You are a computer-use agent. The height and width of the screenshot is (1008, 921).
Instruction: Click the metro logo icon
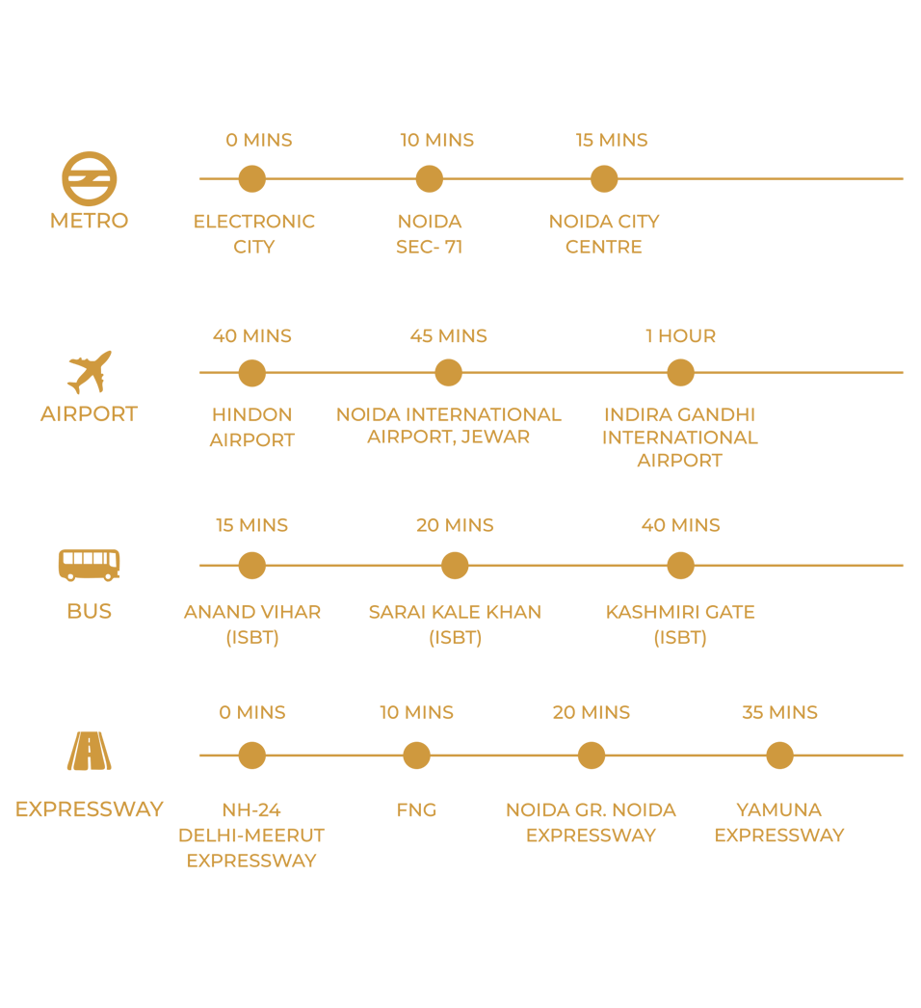tap(90, 179)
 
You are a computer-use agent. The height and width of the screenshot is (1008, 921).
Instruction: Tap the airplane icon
tap(90, 372)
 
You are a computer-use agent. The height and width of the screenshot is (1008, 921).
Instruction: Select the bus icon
tap(90, 565)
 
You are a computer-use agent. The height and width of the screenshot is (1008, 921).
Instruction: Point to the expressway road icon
tap(90, 752)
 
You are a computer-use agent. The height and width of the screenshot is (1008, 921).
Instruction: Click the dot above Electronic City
tap(251, 178)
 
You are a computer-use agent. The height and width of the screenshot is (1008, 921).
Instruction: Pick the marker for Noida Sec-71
tap(429, 178)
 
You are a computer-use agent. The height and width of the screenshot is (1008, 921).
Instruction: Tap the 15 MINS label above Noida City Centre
tap(612, 141)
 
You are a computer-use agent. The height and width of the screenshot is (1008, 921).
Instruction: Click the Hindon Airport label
tap(251, 427)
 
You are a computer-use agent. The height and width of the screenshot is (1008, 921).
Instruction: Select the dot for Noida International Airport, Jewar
tap(448, 372)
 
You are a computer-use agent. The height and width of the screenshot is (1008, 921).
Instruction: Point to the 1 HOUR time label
tap(680, 336)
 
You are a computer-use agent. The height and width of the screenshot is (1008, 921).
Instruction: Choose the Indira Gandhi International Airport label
tap(680, 438)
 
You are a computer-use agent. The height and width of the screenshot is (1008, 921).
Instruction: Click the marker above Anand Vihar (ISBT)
tap(251, 566)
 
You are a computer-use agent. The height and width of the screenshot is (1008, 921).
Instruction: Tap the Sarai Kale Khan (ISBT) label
tap(455, 624)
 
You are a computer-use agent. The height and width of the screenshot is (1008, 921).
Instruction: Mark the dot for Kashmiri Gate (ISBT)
tap(680, 566)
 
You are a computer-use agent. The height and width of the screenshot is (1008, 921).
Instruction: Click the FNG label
tap(416, 810)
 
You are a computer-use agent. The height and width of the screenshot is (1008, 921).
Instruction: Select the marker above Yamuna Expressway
tap(779, 756)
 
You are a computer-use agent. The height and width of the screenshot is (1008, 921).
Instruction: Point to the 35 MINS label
tap(779, 713)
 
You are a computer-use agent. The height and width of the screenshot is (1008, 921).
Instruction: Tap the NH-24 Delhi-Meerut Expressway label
tap(251, 835)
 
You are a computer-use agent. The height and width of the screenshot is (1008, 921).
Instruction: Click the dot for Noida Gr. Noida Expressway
tap(591, 756)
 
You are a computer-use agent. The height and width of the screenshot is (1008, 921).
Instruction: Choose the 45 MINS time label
tap(448, 336)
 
